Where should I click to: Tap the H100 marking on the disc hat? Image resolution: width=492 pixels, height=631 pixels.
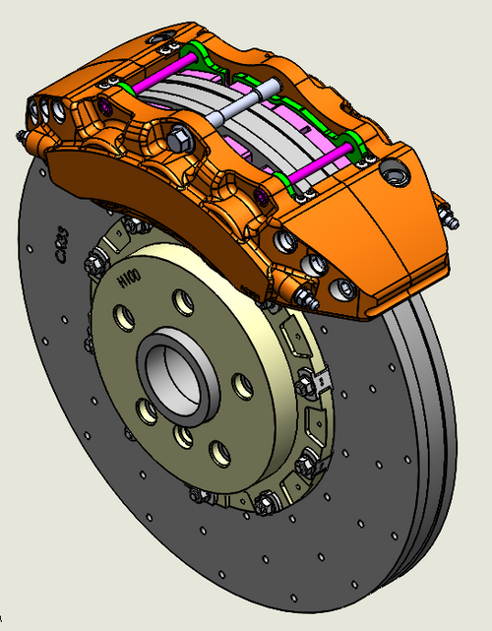pos(128,282)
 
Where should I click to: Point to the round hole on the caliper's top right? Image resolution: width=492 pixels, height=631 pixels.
pos(397,173)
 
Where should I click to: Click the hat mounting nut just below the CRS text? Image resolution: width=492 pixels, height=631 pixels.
pos(96,264)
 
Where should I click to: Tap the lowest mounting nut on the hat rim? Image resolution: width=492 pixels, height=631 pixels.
pos(264,506)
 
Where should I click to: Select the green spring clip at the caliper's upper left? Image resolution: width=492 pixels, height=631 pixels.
pos(194,51)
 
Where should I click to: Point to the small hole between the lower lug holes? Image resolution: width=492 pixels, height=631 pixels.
pos(184,434)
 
